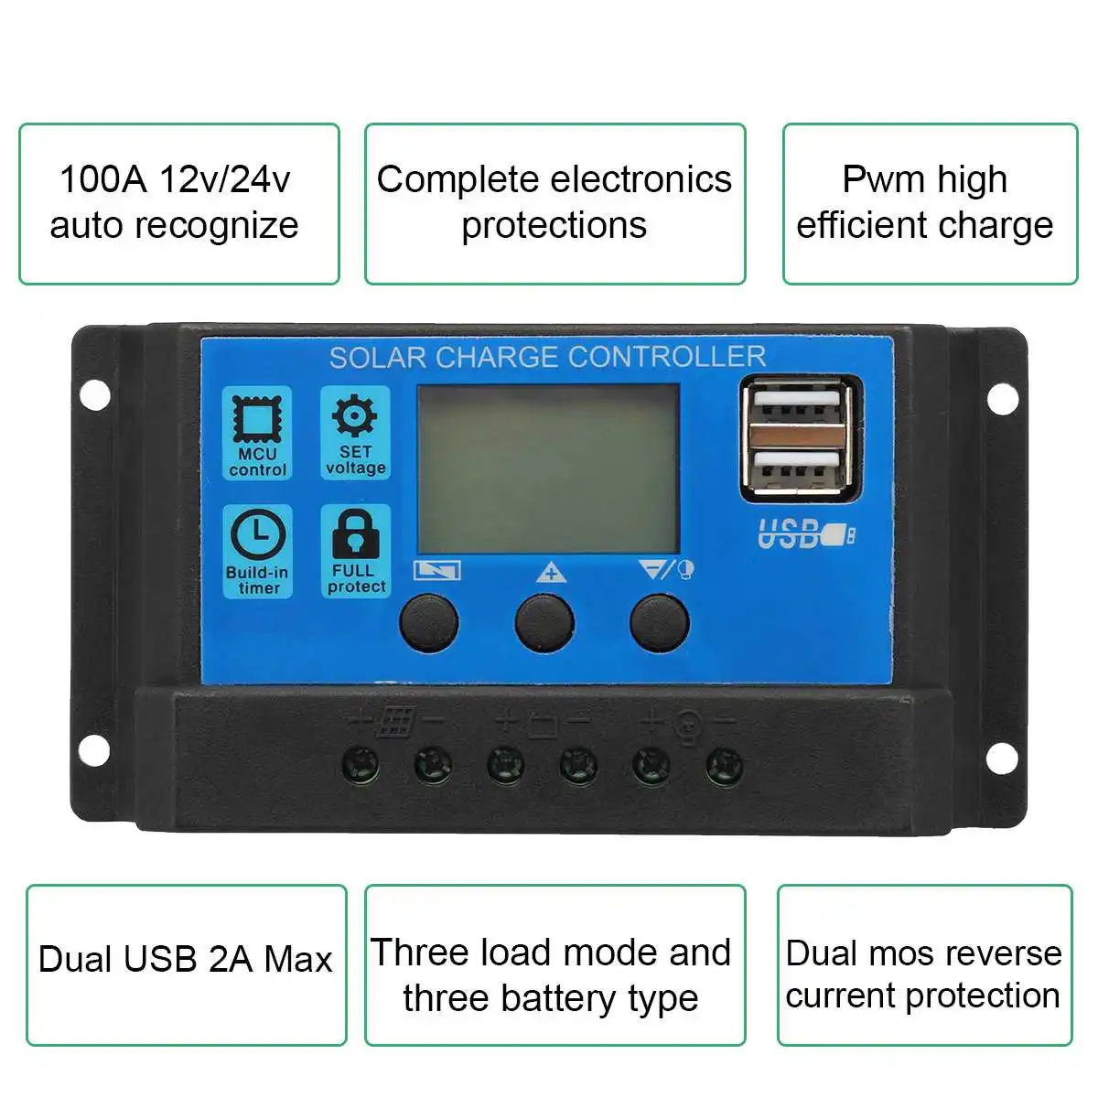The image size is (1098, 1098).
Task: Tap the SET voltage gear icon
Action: point(355,417)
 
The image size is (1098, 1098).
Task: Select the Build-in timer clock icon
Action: point(257,536)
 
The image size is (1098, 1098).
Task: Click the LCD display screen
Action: point(548,468)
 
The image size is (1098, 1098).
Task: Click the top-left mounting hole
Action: point(94,395)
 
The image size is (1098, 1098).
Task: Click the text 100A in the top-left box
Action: point(102,179)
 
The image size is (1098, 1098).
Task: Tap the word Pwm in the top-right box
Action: point(877,179)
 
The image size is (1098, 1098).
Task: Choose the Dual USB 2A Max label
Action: point(186,959)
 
